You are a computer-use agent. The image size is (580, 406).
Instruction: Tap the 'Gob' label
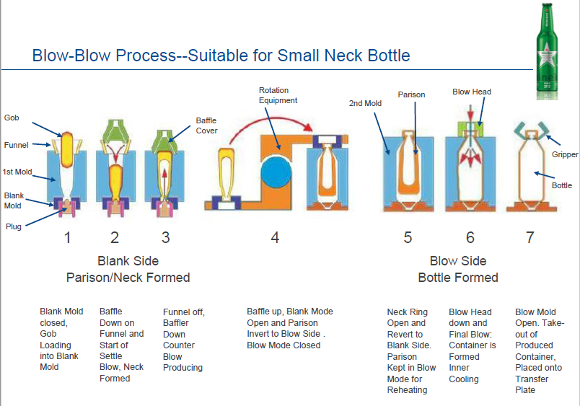(12, 118)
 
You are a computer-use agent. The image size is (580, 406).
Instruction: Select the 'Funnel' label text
(16, 145)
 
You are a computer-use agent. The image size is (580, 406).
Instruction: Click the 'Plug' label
(14, 226)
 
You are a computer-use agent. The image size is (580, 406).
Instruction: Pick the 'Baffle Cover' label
(206, 125)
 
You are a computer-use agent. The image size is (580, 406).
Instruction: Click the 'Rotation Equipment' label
(278, 95)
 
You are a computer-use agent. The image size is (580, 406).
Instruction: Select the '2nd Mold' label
(365, 103)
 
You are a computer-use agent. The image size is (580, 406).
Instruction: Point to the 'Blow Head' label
(472, 92)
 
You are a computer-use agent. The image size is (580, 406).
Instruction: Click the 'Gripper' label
(565, 154)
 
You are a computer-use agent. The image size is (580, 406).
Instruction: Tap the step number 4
(275, 237)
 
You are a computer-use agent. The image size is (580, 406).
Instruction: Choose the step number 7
(530, 237)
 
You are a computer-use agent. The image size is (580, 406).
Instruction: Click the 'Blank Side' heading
(128, 261)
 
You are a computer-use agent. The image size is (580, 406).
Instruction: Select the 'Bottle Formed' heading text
(458, 278)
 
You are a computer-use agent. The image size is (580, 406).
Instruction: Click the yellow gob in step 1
(67, 148)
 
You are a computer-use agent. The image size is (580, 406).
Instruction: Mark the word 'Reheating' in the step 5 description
(408, 390)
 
